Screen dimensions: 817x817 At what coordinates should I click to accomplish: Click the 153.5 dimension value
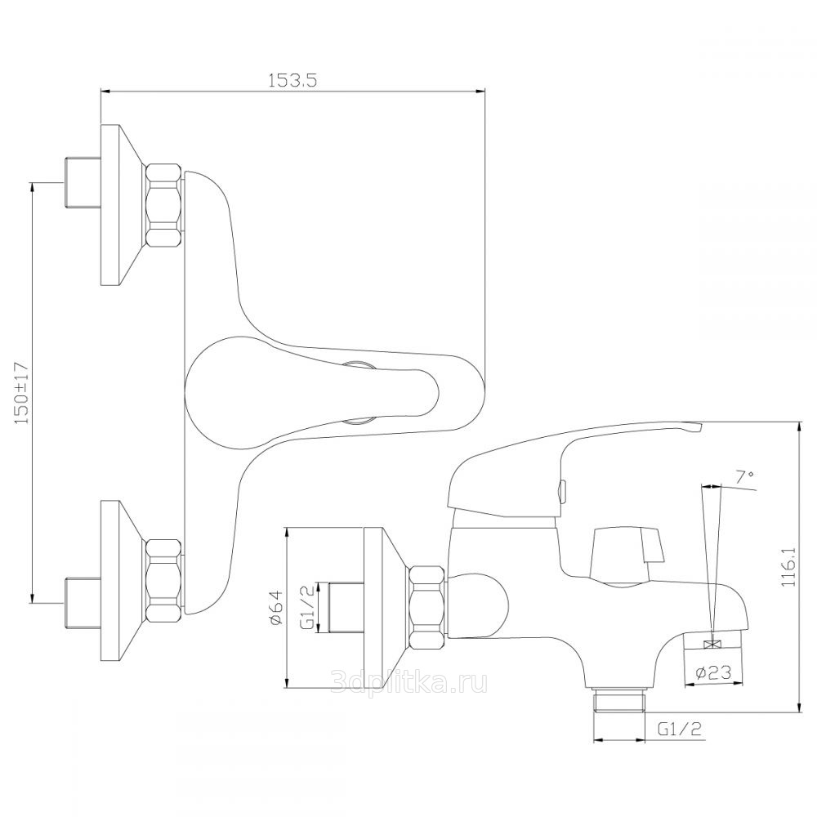[x=292, y=80]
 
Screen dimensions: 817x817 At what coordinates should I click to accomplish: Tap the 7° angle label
[x=744, y=476]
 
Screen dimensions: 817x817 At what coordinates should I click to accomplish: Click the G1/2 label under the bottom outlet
[x=680, y=729]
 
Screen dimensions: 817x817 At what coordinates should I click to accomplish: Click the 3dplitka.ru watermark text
[x=409, y=683]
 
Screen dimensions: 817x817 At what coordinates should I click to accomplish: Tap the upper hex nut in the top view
[x=165, y=205]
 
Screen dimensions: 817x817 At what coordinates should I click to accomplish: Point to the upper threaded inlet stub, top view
[x=82, y=182]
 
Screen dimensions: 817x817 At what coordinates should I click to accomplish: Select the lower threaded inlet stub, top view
[x=82, y=604]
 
